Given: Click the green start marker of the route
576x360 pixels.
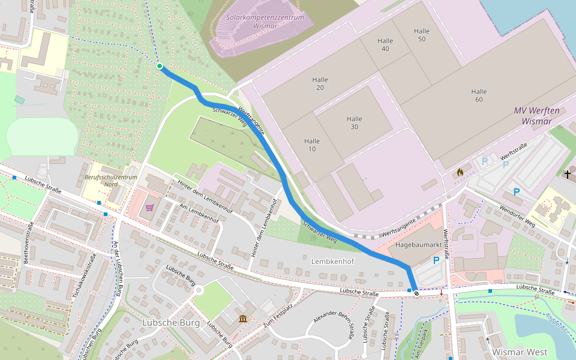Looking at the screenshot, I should [160, 66].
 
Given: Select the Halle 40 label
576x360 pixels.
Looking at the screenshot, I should [385, 44].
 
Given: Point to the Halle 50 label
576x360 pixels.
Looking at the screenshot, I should [422, 35].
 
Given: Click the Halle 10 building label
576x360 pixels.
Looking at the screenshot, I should [312, 145].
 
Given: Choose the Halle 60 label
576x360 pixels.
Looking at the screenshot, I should [479, 95].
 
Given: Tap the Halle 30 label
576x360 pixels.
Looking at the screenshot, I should [354, 122].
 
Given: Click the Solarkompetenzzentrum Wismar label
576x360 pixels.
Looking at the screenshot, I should [265, 22].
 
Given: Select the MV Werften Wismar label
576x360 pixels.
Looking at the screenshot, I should [536, 116].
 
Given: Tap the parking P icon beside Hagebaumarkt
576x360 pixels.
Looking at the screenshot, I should [436, 260].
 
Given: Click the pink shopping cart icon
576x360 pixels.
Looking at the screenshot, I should [149, 208].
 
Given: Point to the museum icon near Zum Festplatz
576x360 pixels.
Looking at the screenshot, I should [243, 318].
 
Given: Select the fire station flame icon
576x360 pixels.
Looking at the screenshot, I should [460, 172].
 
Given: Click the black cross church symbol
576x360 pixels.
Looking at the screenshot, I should [568, 174].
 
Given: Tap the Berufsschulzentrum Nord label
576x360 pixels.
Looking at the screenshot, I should [111, 181].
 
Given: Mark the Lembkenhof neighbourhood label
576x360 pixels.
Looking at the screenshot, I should [333, 262].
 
